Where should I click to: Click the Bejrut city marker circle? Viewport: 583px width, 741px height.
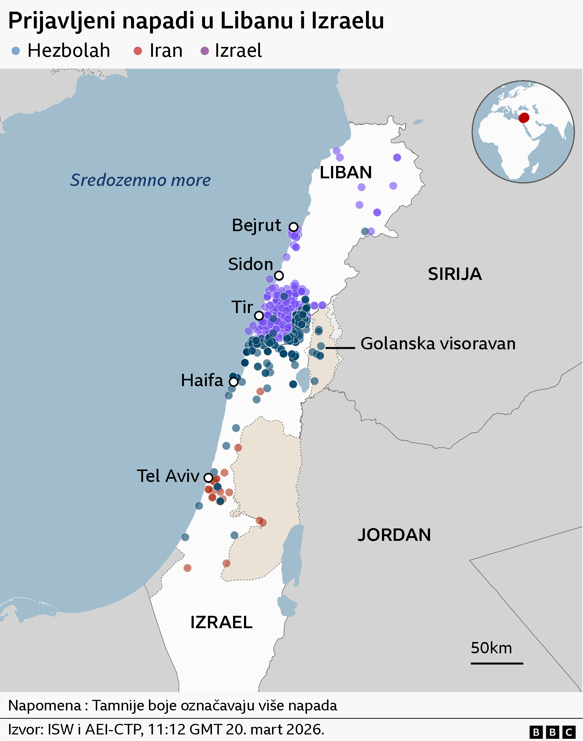[x=294, y=227]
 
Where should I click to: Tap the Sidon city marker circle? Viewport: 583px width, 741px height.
[x=279, y=276]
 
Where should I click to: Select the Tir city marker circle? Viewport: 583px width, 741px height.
[x=259, y=316]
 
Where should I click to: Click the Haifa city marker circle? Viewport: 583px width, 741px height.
[x=233, y=382]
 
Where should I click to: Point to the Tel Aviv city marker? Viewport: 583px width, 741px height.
[x=208, y=477]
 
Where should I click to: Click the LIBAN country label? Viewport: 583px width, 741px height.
[x=346, y=173]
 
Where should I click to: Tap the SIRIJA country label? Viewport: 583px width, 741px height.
[x=454, y=274]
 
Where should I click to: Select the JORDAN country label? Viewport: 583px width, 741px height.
[x=394, y=535]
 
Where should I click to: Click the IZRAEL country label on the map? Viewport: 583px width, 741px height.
[x=221, y=622]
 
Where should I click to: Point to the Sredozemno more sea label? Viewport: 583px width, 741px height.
[x=141, y=180]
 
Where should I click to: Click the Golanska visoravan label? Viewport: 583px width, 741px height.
[x=438, y=344]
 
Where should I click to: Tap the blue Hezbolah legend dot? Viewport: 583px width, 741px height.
[x=16, y=51]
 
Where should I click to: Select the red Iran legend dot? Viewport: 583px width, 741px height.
[x=138, y=51]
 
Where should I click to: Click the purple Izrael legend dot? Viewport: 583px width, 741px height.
[x=205, y=51]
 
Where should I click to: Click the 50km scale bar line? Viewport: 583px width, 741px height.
[x=497, y=663]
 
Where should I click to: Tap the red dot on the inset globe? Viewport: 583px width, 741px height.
[x=524, y=118]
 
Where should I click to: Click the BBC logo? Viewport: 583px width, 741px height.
[x=552, y=732]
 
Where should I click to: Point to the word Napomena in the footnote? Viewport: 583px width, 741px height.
[x=44, y=705]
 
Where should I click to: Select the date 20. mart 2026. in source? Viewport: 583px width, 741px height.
[x=275, y=730]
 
